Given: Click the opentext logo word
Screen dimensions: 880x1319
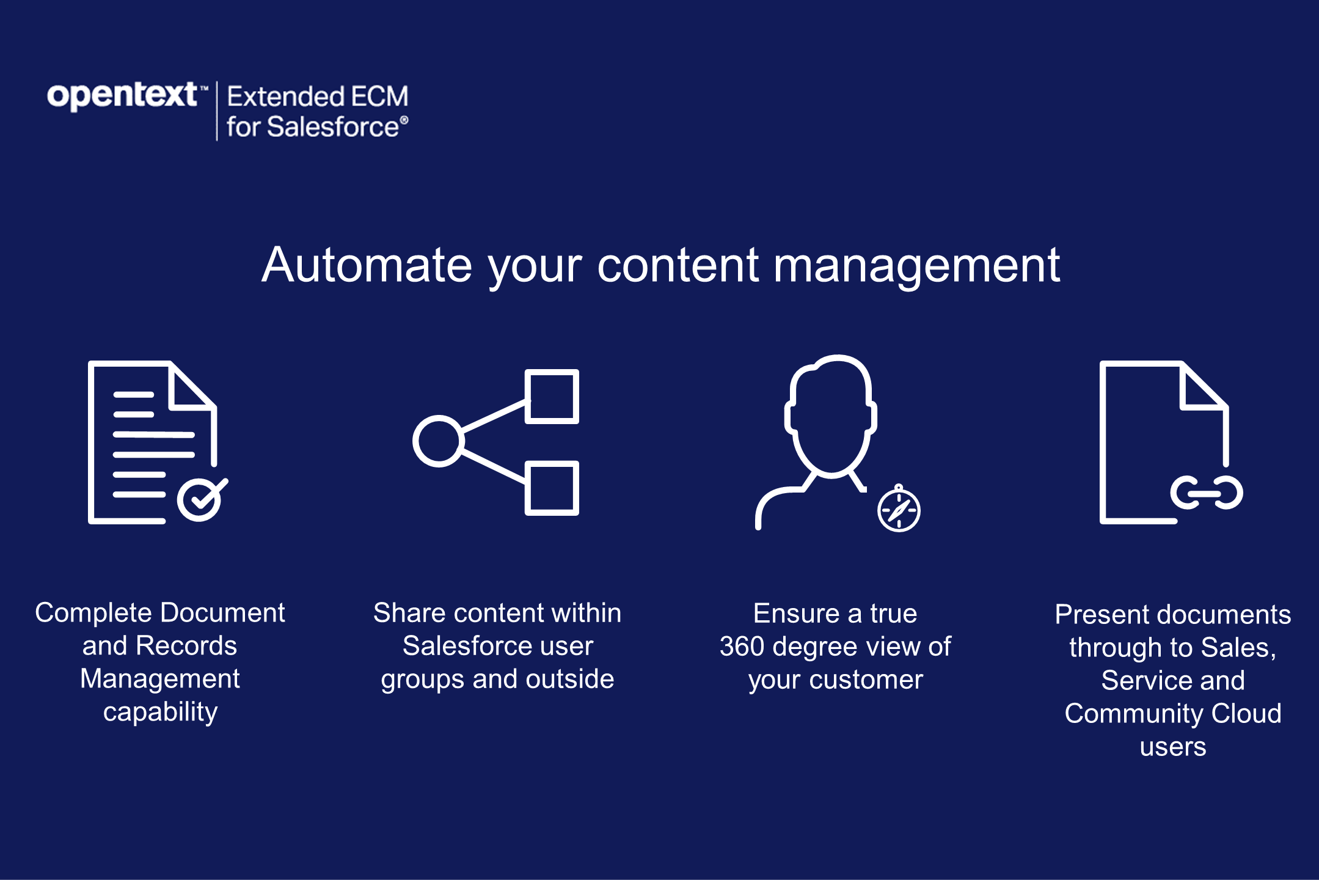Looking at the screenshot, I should [x=122, y=96].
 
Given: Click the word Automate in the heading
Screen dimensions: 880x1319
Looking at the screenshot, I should [x=367, y=265].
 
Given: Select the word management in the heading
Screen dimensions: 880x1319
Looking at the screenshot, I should [x=916, y=266].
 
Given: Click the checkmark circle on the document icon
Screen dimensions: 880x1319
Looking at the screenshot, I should [x=199, y=500].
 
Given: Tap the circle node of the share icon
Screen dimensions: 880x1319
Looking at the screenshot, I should [x=438, y=441].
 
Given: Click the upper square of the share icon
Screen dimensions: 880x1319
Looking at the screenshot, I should [x=552, y=397].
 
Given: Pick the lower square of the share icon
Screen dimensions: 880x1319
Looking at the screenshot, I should [x=552, y=488].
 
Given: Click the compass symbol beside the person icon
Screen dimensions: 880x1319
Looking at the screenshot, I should [x=899, y=510].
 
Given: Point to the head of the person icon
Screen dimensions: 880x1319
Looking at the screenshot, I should [x=831, y=416].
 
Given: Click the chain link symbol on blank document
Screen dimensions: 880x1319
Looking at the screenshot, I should [x=1207, y=493].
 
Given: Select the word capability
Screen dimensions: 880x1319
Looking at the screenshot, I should [x=160, y=712].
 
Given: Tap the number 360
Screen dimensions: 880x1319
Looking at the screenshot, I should [x=742, y=647].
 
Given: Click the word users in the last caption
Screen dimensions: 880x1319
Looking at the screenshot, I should [x=1173, y=747].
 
